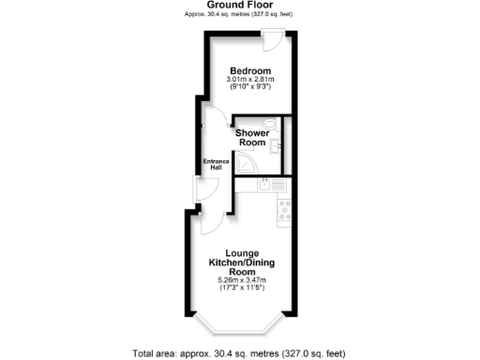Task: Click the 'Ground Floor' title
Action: (240, 5)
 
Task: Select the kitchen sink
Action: (278, 186)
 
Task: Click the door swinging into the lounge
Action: (209, 221)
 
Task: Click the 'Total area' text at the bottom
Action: (240, 353)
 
